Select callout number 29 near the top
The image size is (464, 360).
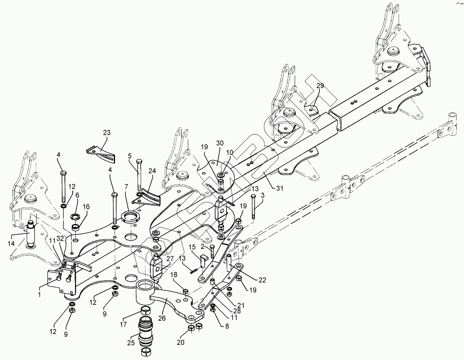click(x=319, y=85)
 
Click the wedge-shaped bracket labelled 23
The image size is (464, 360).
click(x=102, y=152)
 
